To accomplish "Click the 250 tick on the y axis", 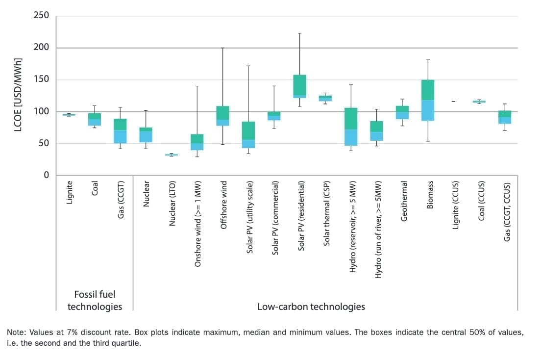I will (41, 16).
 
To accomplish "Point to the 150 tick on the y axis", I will (41, 79).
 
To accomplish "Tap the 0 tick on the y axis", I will (46, 175).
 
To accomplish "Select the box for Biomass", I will (428, 100).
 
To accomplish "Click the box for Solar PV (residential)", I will (299, 86).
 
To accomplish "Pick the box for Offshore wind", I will (222, 116).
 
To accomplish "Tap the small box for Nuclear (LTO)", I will (172, 154).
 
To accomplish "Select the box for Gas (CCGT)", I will (121, 131).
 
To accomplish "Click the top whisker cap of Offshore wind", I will (222, 48).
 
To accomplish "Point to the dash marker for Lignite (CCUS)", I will (453, 102).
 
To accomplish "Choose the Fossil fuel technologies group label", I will (95, 300).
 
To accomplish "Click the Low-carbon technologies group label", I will (311, 307).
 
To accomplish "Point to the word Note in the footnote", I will (15, 333).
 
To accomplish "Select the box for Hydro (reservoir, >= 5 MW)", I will (351, 127).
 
